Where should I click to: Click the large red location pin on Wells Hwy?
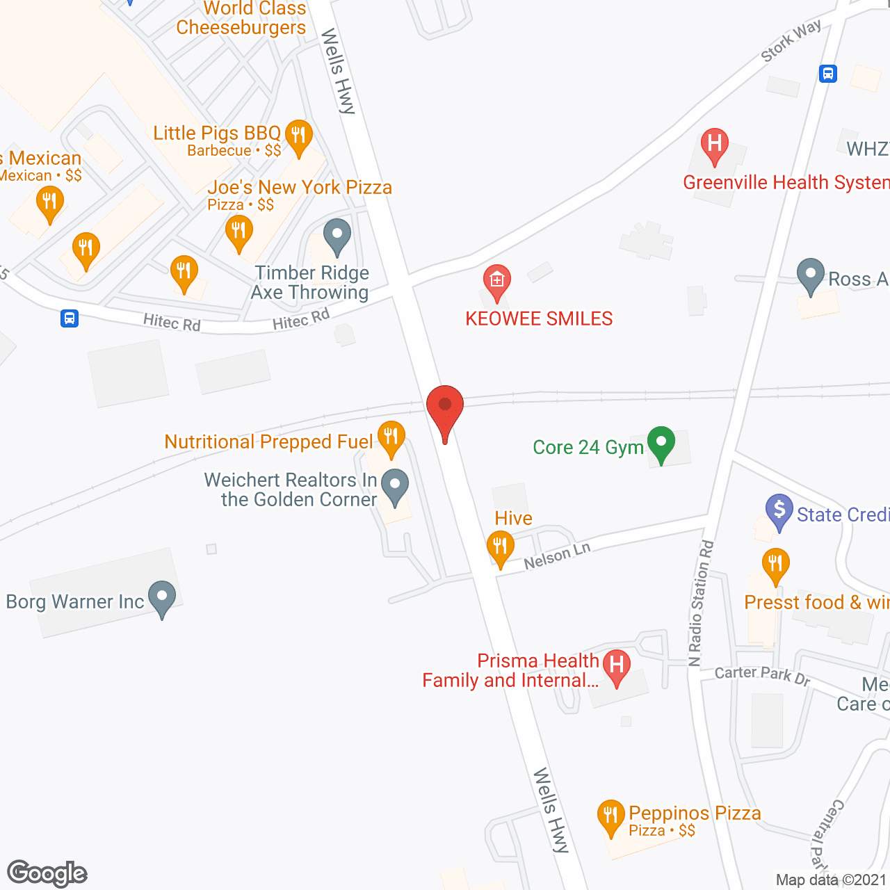point(445,407)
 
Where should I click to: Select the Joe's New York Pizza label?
point(300,188)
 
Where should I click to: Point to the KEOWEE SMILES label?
point(539,318)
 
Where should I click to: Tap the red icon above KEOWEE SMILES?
point(496,281)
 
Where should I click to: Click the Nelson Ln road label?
point(557,556)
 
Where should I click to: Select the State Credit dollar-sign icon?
point(779,510)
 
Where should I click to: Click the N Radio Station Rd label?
point(701,603)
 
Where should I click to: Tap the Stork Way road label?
point(791,40)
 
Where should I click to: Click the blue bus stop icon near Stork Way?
point(827,73)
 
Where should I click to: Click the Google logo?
point(47,873)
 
